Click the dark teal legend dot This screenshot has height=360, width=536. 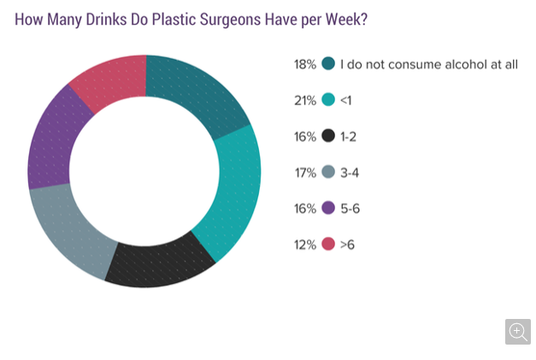[x=328, y=64]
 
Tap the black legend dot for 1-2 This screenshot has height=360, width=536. [x=328, y=136]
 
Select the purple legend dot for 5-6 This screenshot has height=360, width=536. [x=328, y=209]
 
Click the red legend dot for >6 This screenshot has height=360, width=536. [x=328, y=245]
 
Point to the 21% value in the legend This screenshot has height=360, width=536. [x=304, y=100]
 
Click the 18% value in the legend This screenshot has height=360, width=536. [x=304, y=64]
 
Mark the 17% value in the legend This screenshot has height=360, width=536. [x=304, y=173]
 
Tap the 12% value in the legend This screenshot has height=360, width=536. [x=304, y=245]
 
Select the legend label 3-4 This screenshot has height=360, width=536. [x=350, y=173]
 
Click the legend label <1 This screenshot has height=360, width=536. [x=347, y=100]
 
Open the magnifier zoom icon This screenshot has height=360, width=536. [x=517, y=332]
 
